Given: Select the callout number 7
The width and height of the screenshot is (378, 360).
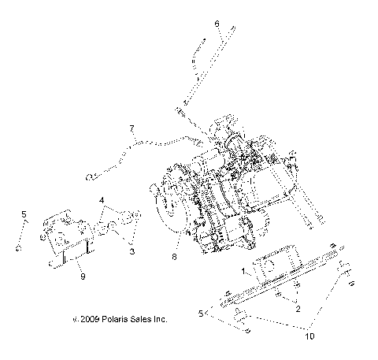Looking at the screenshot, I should coord(132,128).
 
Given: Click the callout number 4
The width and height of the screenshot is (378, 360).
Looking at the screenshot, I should coord(101,202).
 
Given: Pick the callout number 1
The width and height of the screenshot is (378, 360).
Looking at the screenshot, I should coord(243,270).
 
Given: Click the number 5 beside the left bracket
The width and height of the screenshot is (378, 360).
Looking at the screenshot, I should coord(24,214).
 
